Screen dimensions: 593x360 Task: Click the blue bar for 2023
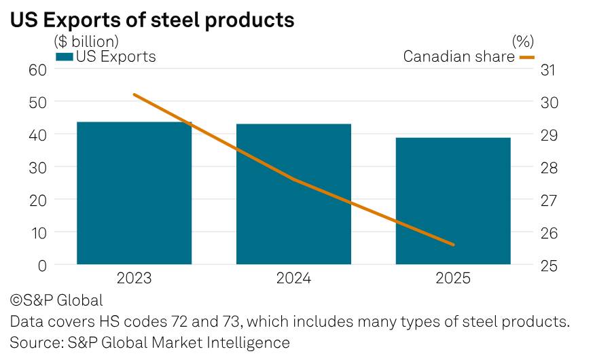click(134, 193)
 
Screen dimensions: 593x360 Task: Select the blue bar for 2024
click(294, 194)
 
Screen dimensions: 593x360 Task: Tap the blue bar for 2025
click(453, 201)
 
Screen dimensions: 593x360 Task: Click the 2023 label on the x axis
click(134, 278)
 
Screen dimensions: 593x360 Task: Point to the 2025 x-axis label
click(453, 278)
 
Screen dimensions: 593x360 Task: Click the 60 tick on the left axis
click(37, 70)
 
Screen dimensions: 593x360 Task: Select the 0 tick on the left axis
click(42, 266)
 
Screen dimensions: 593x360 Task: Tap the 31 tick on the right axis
click(548, 70)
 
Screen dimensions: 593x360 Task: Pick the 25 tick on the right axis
click(549, 266)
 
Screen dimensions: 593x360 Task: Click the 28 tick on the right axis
click(549, 168)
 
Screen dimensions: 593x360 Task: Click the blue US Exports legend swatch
click(65, 57)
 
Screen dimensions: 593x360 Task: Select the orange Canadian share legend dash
click(527, 58)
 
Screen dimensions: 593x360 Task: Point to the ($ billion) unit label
click(86, 41)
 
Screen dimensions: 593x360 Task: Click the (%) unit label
click(523, 41)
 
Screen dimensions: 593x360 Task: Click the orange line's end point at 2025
click(453, 245)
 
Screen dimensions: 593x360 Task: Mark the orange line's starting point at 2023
click(134, 94)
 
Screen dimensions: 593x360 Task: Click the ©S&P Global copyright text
click(56, 301)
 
